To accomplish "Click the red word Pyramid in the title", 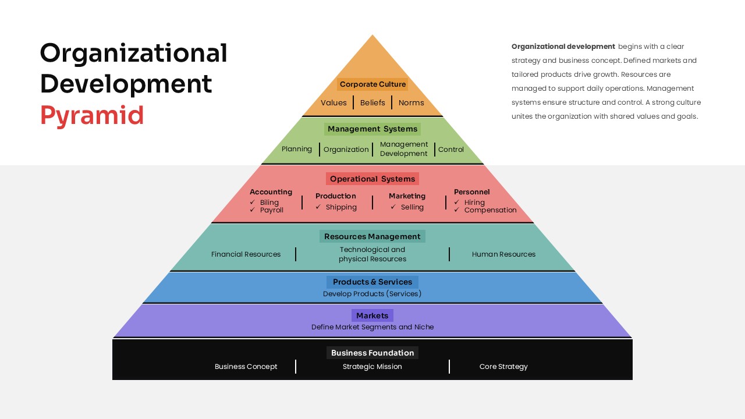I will pos(91,115).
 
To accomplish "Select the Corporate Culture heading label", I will pos(372,84).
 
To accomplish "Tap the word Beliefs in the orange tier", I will pos(372,103).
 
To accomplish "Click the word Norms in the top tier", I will pos(411,103).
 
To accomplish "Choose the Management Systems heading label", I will pos(372,129).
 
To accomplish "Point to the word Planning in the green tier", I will pos(297,149).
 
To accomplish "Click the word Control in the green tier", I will pos(451,150).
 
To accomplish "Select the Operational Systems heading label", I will pos(372,179).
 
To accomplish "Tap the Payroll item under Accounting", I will pos(272,210).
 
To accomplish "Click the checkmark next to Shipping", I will pos(318,207).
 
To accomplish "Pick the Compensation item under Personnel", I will pos(490,210).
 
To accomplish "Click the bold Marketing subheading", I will pos(407,196).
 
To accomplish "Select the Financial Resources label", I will pos(246,254).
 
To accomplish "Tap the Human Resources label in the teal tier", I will pos(503,254).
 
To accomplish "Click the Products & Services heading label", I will pos(372,282).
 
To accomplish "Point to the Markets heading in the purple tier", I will pos(372,315).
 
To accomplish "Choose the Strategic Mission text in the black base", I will pos(372,367).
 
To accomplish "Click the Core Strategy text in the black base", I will pos(503,367).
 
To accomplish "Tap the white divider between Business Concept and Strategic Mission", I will pos(296,367).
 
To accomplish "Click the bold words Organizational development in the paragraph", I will pos(563,47).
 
